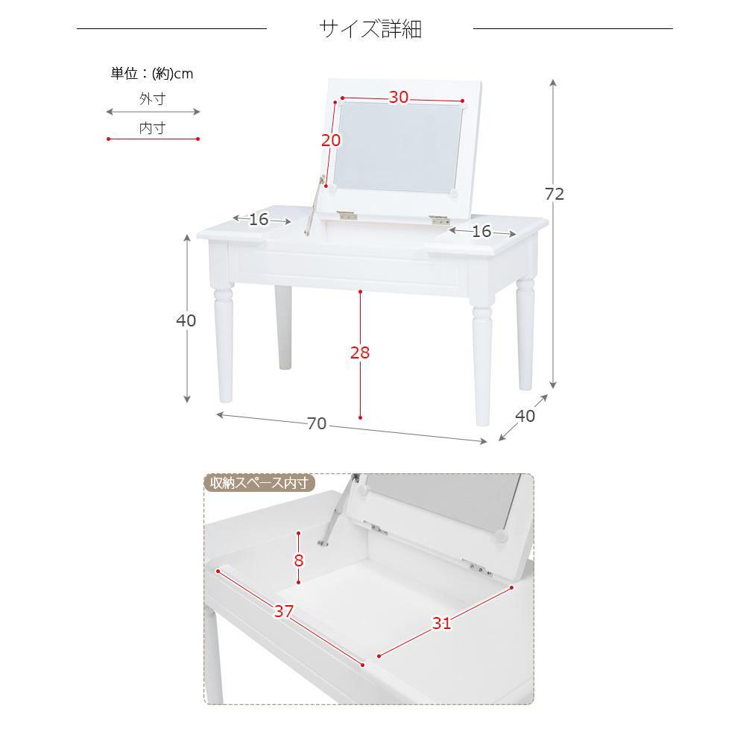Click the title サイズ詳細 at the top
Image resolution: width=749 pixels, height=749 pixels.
370,29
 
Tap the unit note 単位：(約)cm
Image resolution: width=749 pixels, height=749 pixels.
152,74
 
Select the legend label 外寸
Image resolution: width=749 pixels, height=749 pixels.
152,98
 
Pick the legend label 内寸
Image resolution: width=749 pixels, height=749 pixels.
152,128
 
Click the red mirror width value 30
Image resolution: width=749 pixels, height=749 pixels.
399,97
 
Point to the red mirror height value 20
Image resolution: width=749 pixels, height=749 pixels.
330,140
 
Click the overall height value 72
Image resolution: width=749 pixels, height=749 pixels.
554,194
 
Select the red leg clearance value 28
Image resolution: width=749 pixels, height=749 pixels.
360,353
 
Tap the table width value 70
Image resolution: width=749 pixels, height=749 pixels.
317,423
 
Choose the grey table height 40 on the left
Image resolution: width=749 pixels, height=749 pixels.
186,320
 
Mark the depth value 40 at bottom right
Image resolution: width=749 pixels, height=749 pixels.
525,417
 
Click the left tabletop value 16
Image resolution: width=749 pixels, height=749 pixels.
259,220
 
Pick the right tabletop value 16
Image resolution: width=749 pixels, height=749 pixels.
482,232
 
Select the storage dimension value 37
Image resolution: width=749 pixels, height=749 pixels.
283,612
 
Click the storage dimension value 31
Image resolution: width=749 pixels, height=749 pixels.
442,623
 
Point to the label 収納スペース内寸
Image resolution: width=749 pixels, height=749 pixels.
259,484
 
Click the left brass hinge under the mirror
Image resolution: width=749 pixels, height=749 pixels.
346,215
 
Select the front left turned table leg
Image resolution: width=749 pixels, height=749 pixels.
224,343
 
